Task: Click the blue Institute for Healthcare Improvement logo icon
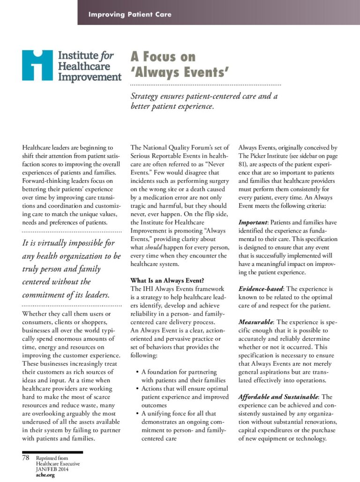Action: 37,65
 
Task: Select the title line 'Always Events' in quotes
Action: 180,73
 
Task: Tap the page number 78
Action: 26,458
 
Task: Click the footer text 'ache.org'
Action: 45,475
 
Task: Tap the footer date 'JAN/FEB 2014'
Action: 54,469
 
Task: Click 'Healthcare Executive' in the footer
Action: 58,464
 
